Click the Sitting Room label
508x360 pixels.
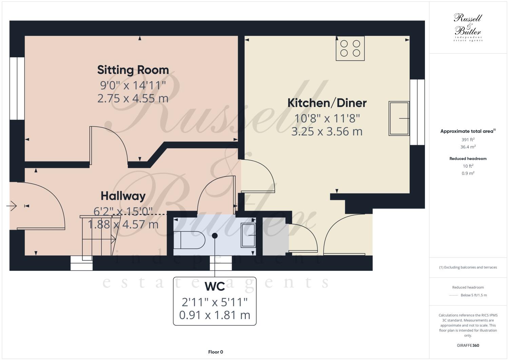click(133, 70)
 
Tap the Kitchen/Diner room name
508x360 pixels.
click(327, 103)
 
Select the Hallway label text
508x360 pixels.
click(123, 196)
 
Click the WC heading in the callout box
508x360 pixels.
click(215, 287)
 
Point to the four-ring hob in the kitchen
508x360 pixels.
click(350, 48)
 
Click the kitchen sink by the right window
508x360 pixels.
click(399, 118)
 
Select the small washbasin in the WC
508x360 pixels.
click(248, 235)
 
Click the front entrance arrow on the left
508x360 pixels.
click(12, 206)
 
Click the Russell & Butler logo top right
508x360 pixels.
click(468, 27)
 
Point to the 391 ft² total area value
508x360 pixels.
click(468, 139)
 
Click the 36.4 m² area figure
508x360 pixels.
click(468, 147)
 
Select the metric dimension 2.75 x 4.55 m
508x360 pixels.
click(133, 98)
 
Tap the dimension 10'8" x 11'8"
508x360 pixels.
click(327, 118)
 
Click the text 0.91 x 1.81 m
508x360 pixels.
click(215, 315)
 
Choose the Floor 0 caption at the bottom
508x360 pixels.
click(215, 352)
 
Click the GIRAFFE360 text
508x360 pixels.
click(468, 346)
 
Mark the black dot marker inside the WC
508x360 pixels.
click(215, 235)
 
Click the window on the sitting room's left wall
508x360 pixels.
click(17, 88)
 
